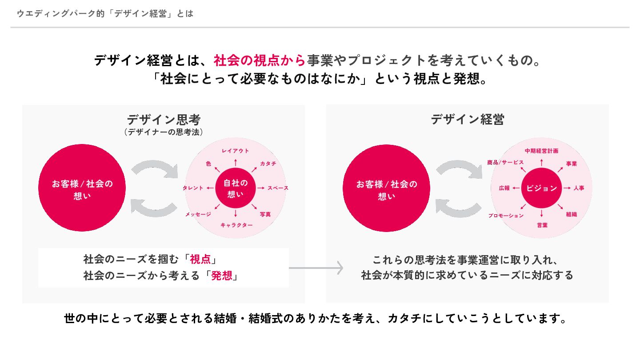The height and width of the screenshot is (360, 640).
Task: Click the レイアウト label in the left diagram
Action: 235,151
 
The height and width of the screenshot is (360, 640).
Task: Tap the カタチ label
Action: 268,164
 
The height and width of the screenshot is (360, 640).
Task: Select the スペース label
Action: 278,188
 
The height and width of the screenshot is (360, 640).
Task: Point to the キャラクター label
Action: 236,225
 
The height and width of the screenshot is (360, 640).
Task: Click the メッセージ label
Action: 198,214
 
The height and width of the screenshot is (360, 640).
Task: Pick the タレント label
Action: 193,188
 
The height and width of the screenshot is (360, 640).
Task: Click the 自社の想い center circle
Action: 236,188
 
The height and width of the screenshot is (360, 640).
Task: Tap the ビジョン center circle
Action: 541,188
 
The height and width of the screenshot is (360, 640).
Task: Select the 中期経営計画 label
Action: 541,151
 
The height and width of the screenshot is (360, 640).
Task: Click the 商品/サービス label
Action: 505,162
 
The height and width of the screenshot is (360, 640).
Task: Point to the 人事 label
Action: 579,188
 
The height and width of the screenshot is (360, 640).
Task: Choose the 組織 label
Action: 572,214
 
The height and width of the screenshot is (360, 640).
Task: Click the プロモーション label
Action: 506,216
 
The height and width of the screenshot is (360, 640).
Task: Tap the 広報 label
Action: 504,188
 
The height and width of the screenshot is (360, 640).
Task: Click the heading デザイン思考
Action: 164,120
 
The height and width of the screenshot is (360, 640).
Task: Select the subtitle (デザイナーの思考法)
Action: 164,132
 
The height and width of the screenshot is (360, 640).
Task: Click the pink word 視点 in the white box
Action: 200,259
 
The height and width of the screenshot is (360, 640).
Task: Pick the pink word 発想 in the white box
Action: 221,276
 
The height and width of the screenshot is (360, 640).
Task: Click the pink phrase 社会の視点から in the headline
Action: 260,60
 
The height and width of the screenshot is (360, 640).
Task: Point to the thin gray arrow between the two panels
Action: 316,268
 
